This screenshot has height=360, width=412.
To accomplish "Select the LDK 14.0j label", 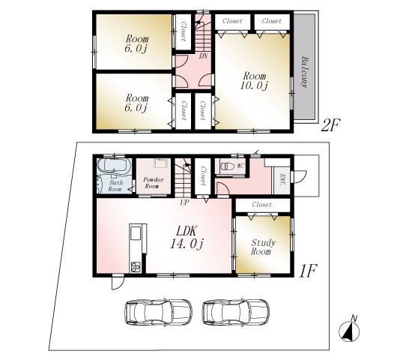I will [x=185, y=236].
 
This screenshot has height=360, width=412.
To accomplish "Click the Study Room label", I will [x=262, y=247].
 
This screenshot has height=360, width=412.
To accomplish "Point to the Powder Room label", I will [x=154, y=183].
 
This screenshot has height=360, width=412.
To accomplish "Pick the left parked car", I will [x=158, y=311].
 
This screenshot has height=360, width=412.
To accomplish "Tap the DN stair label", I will [x=202, y=55].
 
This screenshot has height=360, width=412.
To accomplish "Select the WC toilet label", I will [x=240, y=164].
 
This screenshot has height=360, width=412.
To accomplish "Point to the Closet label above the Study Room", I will [x=261, y=204].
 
